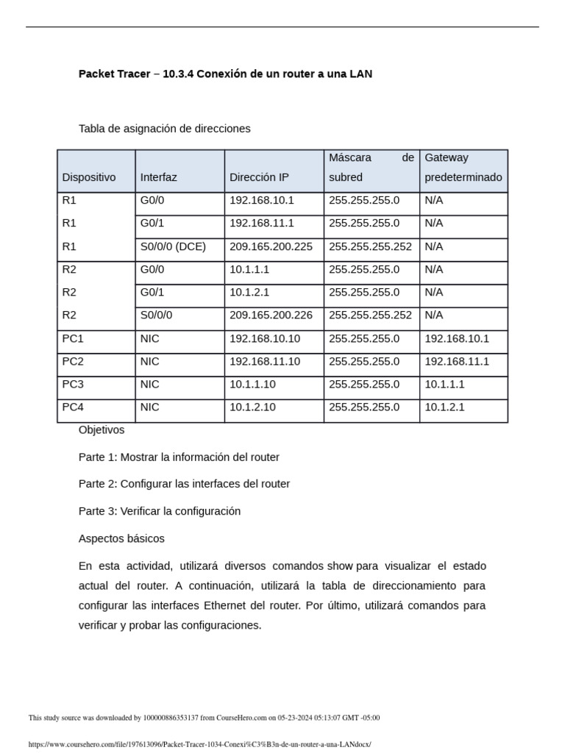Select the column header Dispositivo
click(89, 177)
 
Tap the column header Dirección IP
click(259, 177)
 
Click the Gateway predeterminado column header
click(463, 168)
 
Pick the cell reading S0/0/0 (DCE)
click(173, 246)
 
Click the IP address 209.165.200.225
click(271, 246)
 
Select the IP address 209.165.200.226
click(271, 315)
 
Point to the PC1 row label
click(73, 338)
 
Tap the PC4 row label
click(73, 407)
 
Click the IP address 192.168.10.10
click(264, 338)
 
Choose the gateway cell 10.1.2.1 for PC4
click(444, 407)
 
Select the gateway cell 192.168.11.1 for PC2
click(457, 361)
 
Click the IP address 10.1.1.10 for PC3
click(252, 384)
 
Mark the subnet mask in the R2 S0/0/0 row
click(370, 315)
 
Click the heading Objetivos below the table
click(102, 429)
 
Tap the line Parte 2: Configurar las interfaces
click(184, 484)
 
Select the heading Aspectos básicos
click(121, 538)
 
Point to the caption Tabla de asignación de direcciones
click(164, 129)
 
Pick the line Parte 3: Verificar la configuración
click(160, 511)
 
